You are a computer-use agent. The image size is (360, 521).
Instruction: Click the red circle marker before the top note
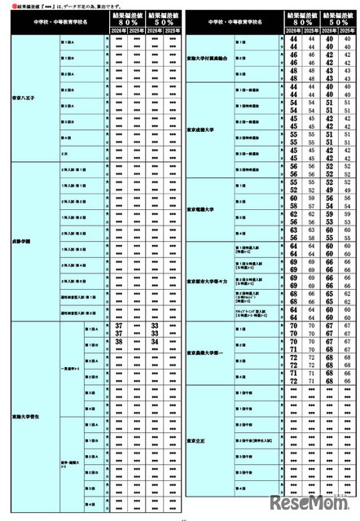[x=7, y=7]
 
